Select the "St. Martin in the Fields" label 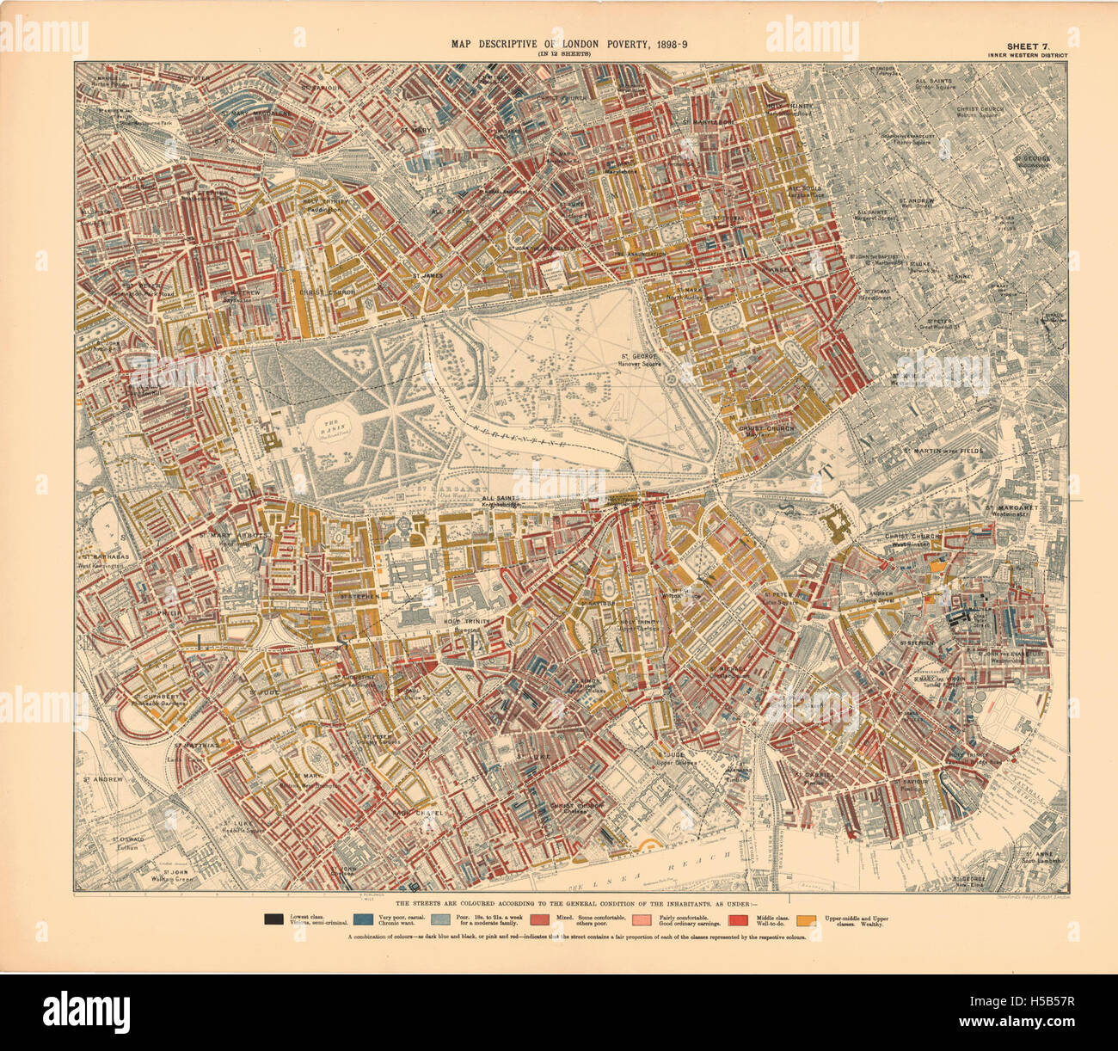943,451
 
